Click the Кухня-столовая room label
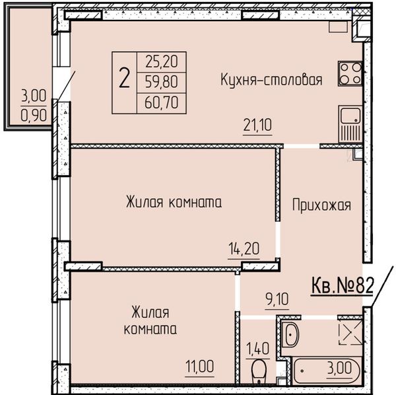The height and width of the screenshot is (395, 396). [271, 80]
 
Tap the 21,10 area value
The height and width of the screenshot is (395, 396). [257, 125]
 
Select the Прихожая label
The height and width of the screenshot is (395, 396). [321, 205]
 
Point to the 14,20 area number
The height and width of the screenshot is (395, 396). [244, 248]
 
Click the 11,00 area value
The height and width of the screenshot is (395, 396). [199, 367]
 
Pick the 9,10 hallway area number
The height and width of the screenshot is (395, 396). [277, 299]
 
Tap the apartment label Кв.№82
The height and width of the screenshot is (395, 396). [342, 286]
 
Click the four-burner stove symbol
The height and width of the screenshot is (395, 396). [350, 73]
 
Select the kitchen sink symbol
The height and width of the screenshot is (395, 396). [350, 124]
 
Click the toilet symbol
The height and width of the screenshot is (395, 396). [259, 371]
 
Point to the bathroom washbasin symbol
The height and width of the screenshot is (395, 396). [291, 335]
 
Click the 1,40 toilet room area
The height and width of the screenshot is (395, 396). [257, 349]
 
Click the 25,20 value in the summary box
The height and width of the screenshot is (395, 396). [162, 61]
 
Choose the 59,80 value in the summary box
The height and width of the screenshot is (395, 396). [162, 82]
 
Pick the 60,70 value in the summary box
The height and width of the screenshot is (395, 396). [162, 102]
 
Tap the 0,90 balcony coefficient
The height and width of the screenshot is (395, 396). [34, 116]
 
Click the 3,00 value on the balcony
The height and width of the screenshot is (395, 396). [34, 96]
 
